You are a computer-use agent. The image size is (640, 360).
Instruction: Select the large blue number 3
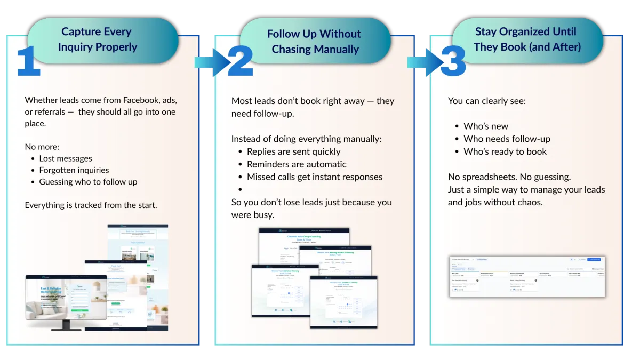(453, 62)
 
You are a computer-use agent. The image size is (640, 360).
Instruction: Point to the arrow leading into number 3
(423, 62)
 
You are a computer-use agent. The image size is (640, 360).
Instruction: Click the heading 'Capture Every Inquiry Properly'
(97, 39)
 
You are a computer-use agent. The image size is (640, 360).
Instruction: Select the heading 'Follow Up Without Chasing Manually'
(315, 42)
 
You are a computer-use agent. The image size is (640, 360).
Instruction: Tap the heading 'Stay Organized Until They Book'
(527, 39)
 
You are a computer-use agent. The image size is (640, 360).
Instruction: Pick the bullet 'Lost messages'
(66, 158)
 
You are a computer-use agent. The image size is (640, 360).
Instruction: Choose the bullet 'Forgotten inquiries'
(74, 170)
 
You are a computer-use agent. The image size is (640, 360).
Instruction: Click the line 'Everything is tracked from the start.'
(91, 205)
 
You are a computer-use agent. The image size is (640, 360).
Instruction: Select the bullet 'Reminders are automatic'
(297, 164)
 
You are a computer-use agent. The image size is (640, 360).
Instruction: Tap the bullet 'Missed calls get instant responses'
(315, 177)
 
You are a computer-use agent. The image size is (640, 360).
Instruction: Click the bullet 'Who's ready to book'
(505, 151)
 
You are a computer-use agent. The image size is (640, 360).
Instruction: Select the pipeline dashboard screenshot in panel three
(526, 276)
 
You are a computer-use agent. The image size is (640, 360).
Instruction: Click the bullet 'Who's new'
(486, 126)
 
